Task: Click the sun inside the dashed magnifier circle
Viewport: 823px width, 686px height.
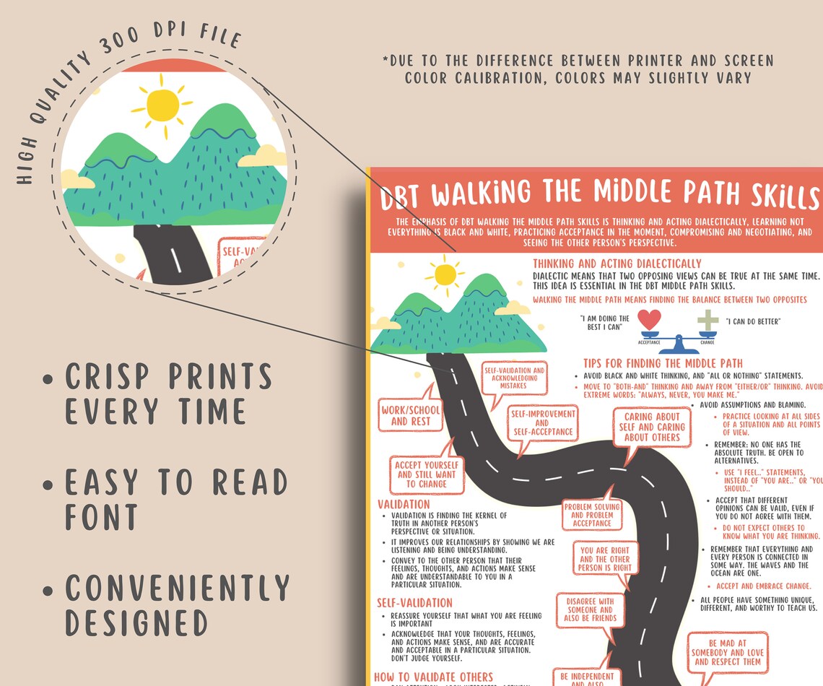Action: [x=162, y=105]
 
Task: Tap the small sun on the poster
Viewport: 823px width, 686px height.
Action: [x=445, y=274]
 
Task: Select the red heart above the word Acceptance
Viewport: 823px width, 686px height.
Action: [x=650, y=320]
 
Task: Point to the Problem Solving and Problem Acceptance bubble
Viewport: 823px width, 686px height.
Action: [x=592, y=515]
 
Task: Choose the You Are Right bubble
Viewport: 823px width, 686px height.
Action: [x=605, y=559]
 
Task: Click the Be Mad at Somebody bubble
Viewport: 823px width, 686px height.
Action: [x=727, y=652]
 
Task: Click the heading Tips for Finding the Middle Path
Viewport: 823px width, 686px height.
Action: [x=663, y=363]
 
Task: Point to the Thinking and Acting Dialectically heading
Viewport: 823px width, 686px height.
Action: [x=617, y=264]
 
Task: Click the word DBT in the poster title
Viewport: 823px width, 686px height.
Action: [x=403, y=194]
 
